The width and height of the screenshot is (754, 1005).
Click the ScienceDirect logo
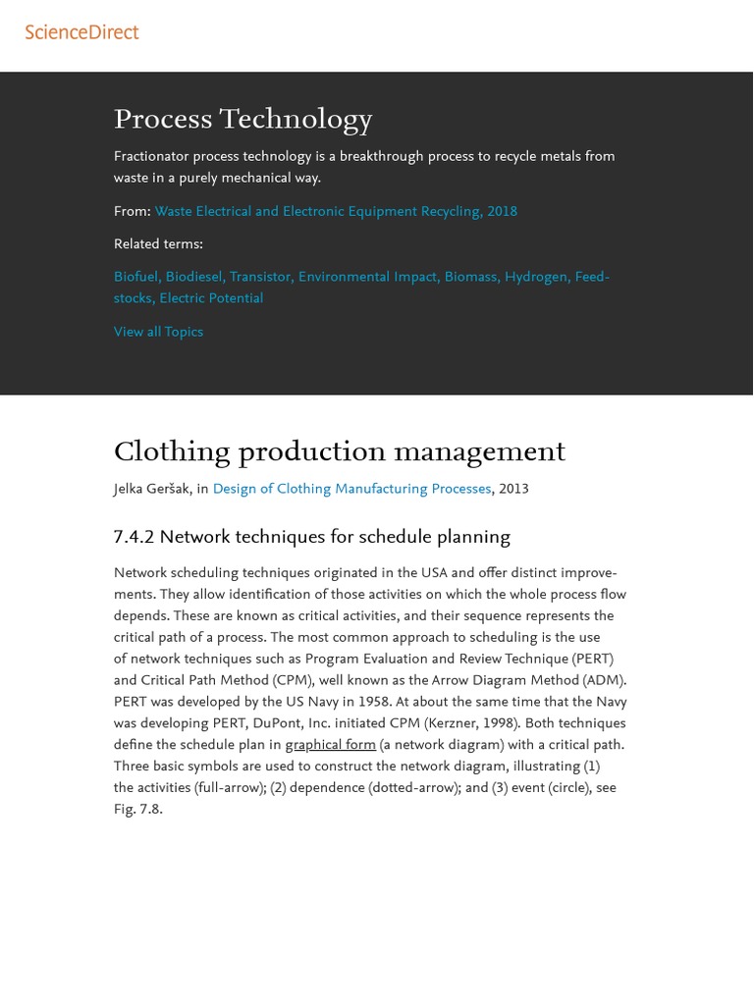(81, 32)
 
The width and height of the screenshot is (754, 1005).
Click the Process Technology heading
(242, 120)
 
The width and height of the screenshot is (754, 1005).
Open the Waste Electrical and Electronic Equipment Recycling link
(335, 212)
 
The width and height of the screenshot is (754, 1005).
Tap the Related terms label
(158, 244)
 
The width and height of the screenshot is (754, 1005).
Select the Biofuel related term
(136, 278)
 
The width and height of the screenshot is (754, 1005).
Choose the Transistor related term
(261, 278)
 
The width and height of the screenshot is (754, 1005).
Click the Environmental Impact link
(368, 278)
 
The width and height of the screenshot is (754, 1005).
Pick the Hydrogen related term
(536, 278)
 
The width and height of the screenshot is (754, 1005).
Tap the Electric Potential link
(211, 299)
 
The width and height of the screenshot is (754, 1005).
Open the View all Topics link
(158, 333)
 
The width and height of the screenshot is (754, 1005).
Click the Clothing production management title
(339, 452)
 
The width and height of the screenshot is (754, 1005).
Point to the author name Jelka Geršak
(152, 490)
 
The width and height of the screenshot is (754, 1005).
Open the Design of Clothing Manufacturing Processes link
(351, 490)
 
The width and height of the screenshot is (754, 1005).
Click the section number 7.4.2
(134, 538)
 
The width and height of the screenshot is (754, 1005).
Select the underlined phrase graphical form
(330, 746)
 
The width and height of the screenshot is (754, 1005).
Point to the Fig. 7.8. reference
(138, 811)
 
